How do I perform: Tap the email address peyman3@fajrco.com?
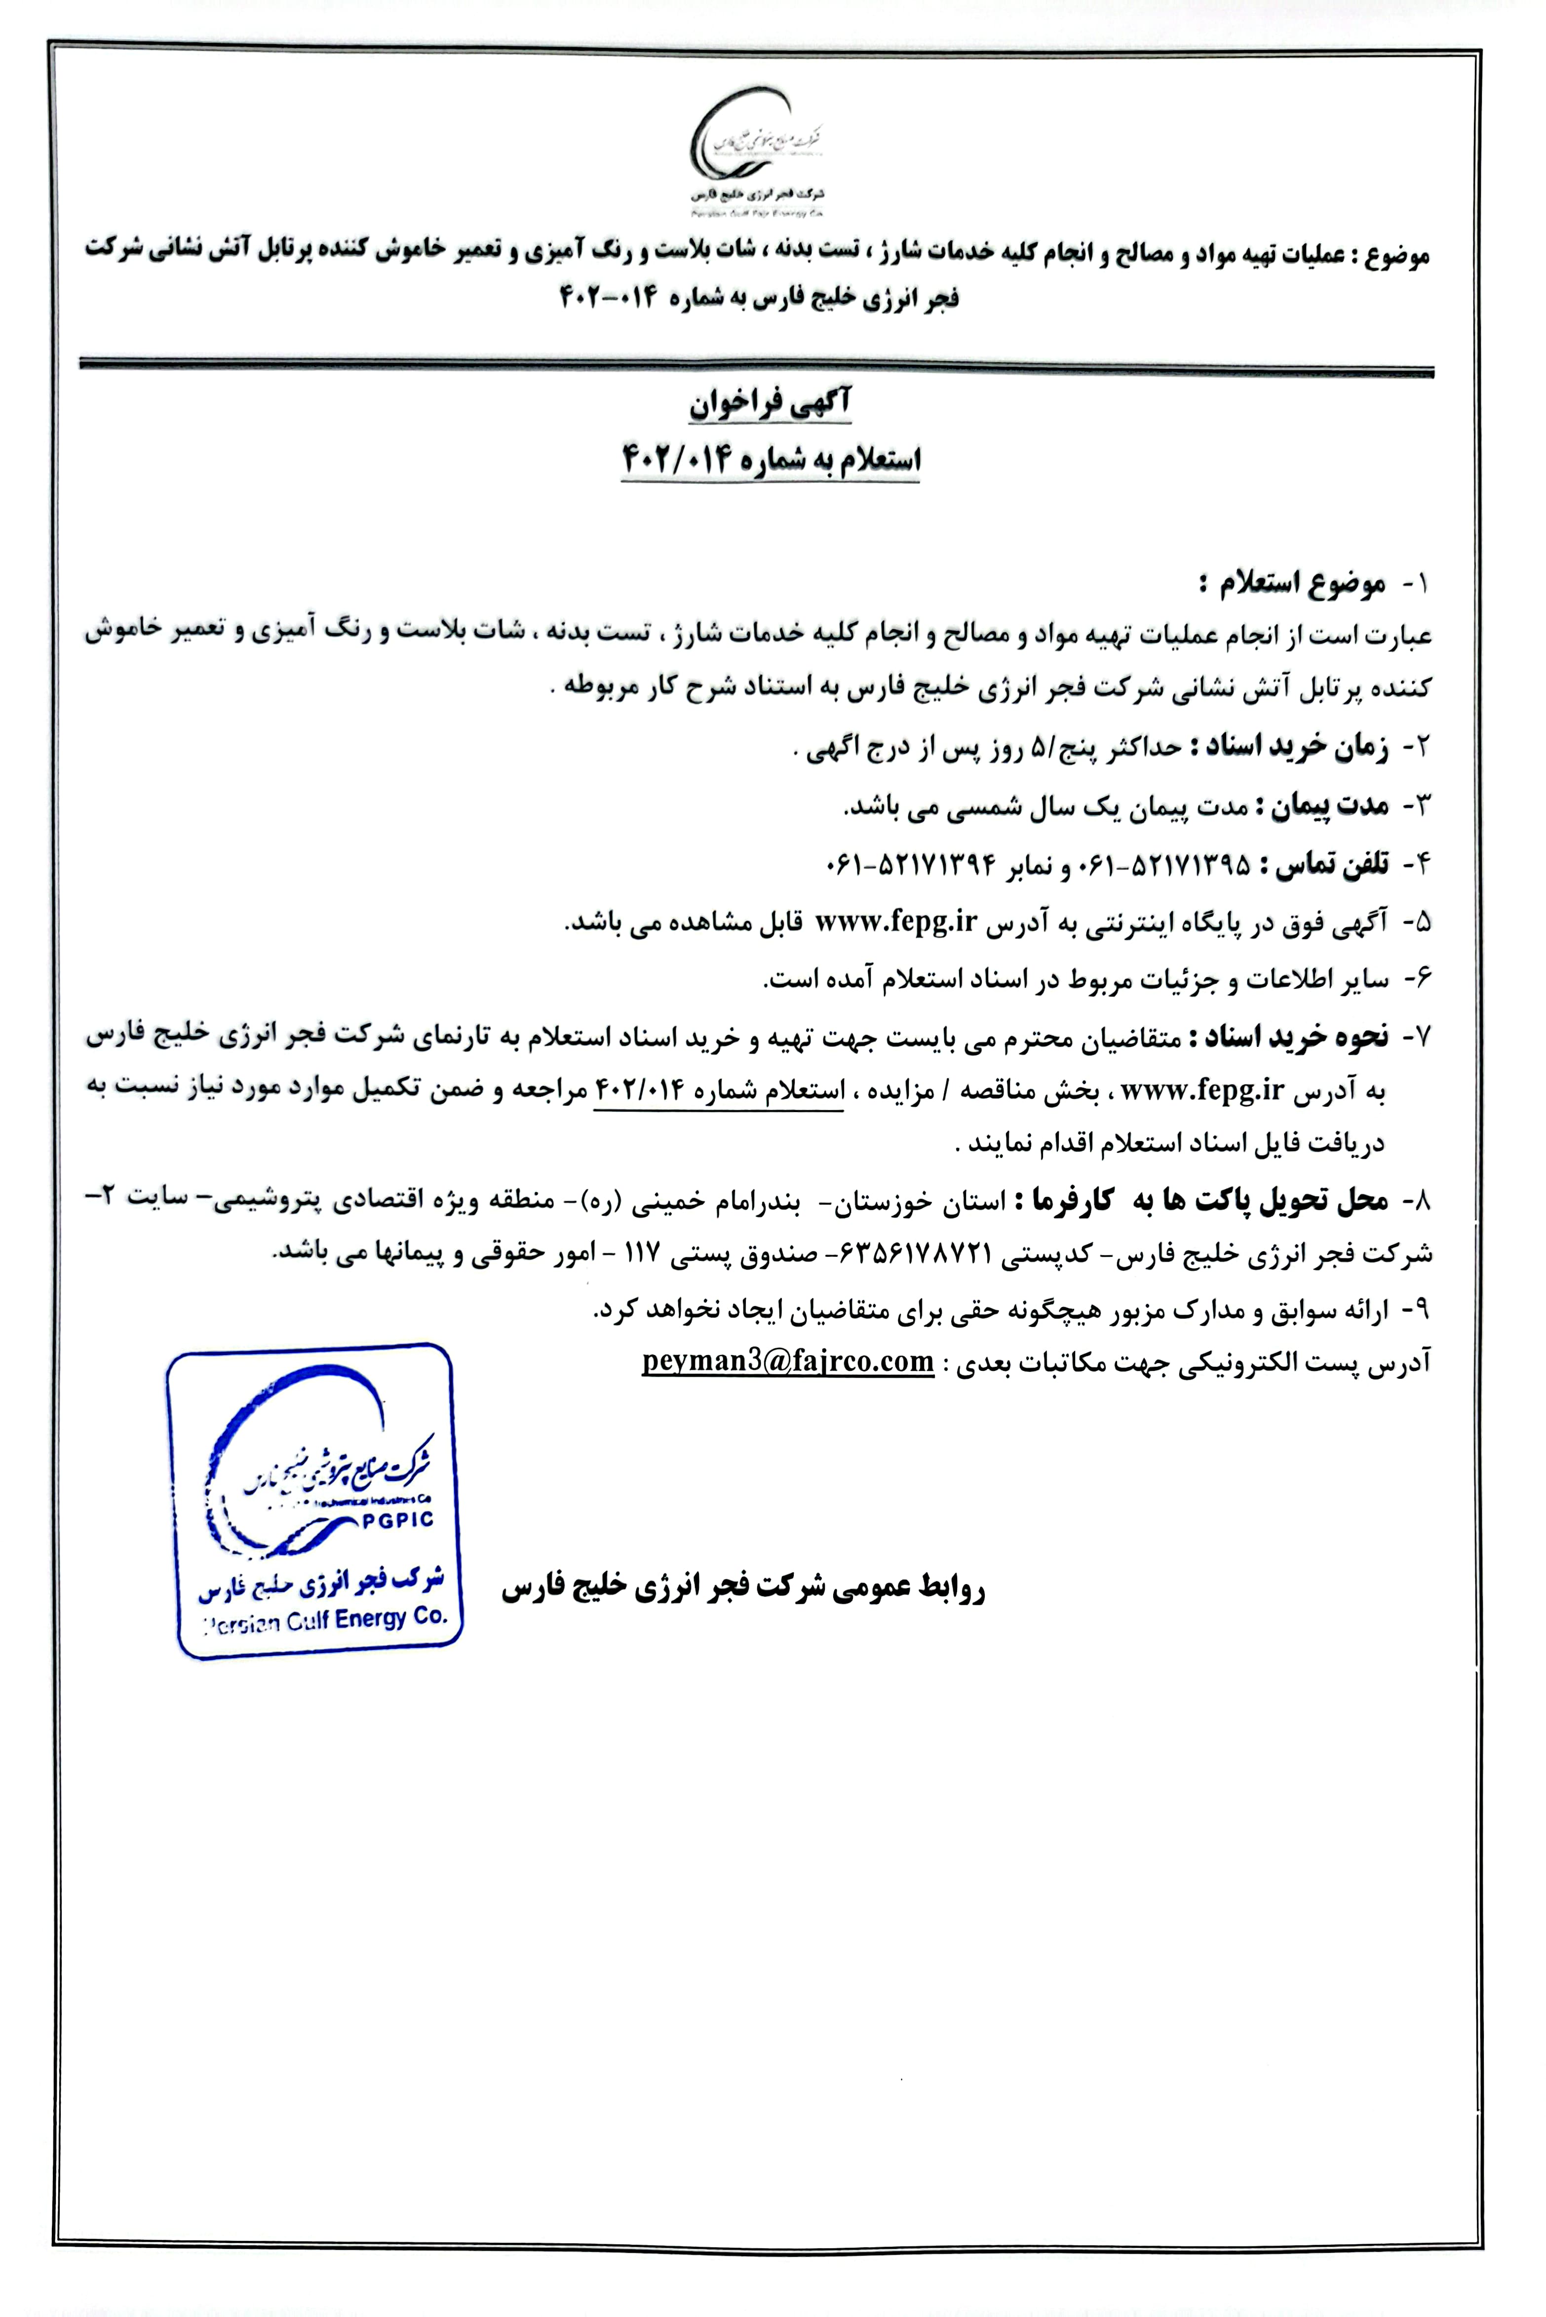788,1362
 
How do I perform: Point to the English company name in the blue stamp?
325,1621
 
